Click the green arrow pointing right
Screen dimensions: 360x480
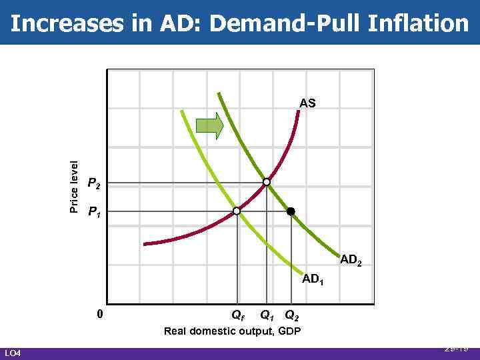click(x=209, y=126)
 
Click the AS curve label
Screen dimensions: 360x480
click(x=307, y=103)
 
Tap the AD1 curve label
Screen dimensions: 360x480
click(x=313, y=279)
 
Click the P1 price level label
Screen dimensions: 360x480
click(x=95, y=213)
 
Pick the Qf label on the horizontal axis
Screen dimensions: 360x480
click(x=237, y=315)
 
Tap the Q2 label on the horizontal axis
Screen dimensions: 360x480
click(x=292, y=315)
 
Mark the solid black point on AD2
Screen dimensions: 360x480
click(x=290, y=211)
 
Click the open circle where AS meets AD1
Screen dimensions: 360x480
click(x=237, y=211)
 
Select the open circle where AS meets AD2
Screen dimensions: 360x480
click(x=267, y=181)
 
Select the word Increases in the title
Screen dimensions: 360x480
click(x=63, y=23)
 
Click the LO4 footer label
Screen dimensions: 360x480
click(x=13, y=353)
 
